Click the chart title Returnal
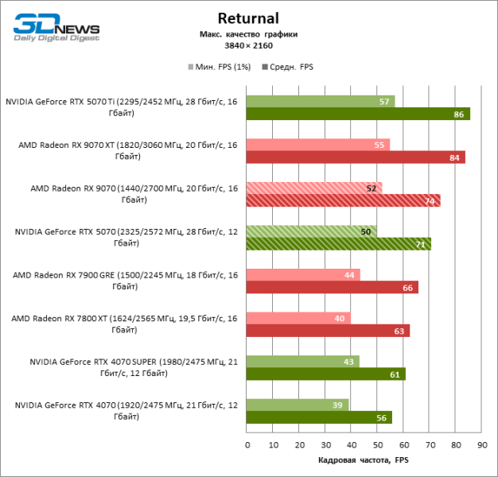[x=248, y=18]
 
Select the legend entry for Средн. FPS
[x=287, y=67]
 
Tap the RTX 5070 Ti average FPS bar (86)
[x=358, y=114]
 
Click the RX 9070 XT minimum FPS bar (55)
[x=318, y=145]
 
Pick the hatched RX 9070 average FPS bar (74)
[x=343, y=200]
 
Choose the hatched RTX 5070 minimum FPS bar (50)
[x=311, y=231]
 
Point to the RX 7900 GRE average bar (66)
[x=332, y=287]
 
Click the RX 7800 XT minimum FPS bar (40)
[x=298, y=318]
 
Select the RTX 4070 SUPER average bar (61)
[x=325, y=374]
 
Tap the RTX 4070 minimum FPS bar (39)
[x=297, y=405]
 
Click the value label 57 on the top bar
[x=384, y=102]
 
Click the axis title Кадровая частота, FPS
[x=363, y=460]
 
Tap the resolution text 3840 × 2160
[x=248, y=46]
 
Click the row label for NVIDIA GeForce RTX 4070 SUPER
[x=133, y=367]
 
